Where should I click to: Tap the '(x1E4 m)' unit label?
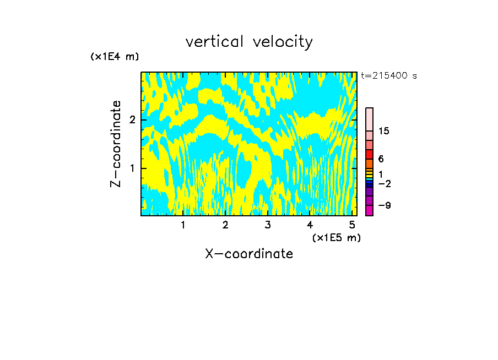(x=115, y=56)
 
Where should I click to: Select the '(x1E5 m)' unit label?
(x=336, y=237)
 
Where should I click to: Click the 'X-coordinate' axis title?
(x=249, y=254)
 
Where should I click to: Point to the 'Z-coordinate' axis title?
(x=116, y=144)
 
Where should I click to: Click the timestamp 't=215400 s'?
(x=389, y=75)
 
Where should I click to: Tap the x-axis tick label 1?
(x=183, y=225)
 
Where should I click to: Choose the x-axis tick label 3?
(x=267, y=225)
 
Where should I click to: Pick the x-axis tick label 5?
(x=351, y=225)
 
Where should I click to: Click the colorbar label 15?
(x=384, y=131)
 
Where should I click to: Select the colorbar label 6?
(x=381, y=159)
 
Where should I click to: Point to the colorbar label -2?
(x=384, y=183)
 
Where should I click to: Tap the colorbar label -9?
(x=384, y=205)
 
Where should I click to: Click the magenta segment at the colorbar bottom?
(x=369, y=210)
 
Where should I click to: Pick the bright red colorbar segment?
(x=369, y=154)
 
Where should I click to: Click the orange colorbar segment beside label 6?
(x=369, y=163)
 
